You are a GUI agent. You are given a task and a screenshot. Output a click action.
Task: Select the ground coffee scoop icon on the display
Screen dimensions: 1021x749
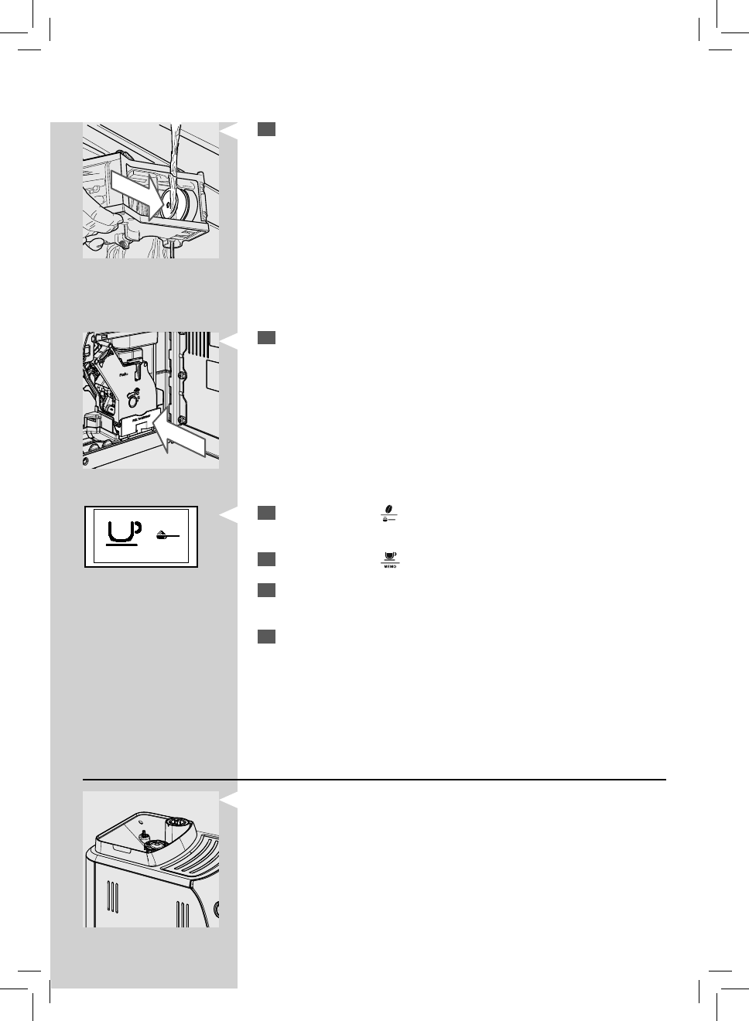click(165, 534)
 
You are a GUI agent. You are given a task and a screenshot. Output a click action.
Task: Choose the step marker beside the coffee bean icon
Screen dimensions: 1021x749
click(267, 513)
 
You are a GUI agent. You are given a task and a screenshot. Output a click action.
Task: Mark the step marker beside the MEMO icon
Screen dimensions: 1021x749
click(267, 559)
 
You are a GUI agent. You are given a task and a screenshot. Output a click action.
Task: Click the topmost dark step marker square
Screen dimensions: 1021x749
click(267, 130)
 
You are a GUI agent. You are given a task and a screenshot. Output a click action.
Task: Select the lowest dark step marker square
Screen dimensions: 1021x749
click(267, 637)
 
